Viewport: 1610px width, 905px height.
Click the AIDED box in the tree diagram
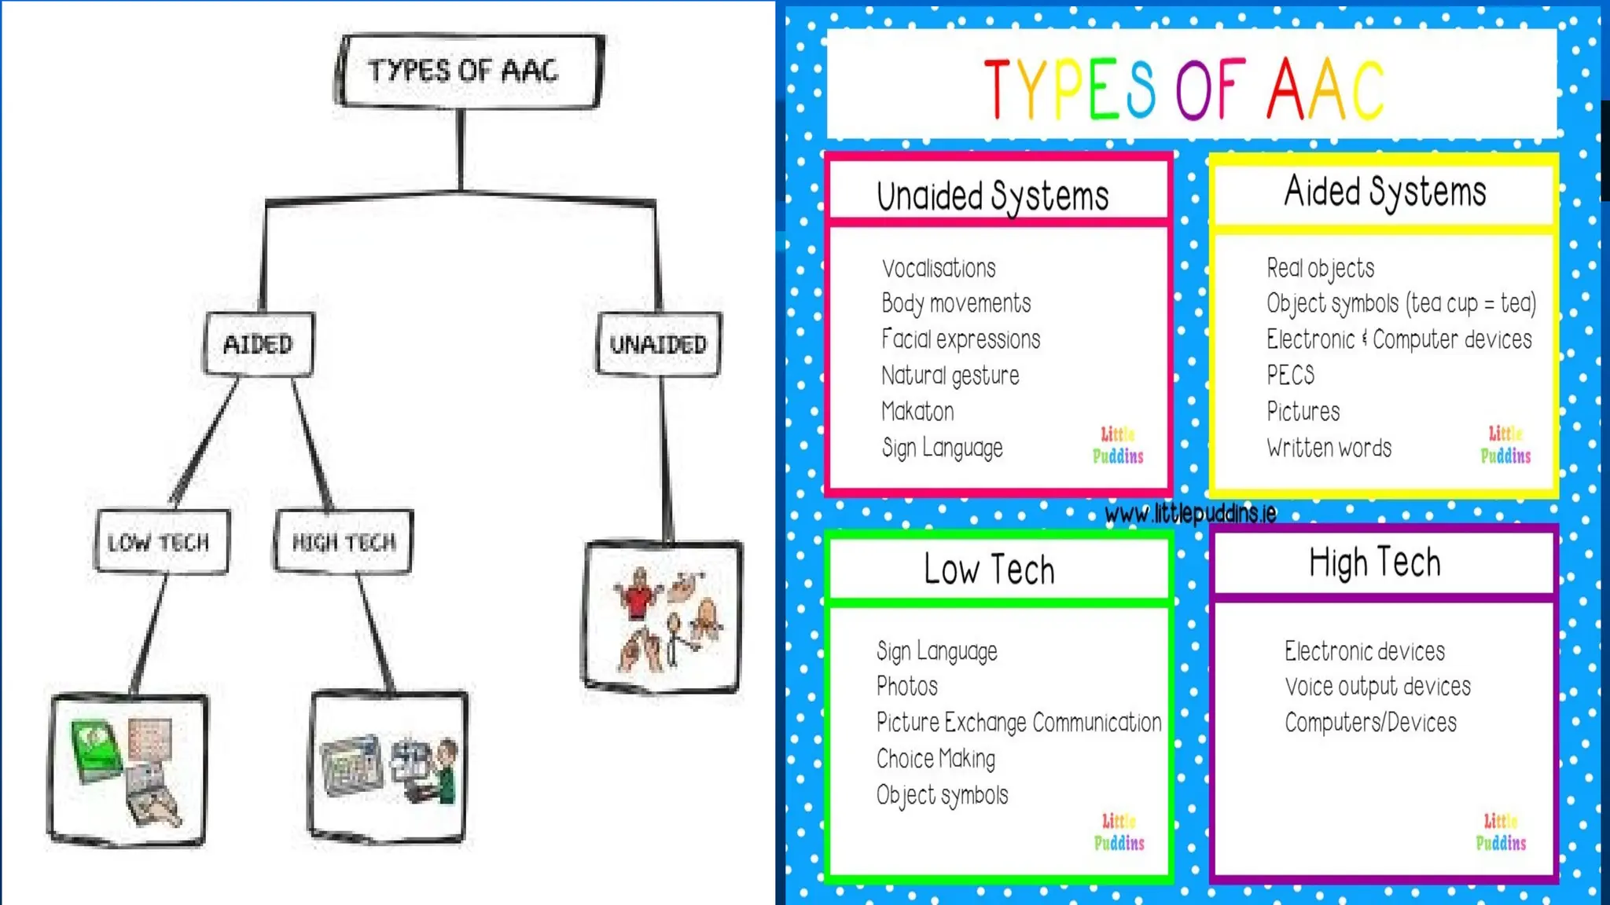[x=259, y=344]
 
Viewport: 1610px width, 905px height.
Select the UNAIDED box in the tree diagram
[x=659, y=344]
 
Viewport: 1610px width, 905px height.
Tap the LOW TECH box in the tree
[x=161, y=542]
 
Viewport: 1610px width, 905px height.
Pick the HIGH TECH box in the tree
[x=344, y=542]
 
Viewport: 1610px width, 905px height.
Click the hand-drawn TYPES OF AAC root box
[x=469, y=71]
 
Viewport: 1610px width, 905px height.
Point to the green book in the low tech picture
[x=96, y=750]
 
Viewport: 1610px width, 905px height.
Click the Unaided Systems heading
[x=993, y=195]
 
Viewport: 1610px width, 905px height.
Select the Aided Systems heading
[x=1385, y=192]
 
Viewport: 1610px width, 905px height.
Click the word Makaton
[x=917, y=412]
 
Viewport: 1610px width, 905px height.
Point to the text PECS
[x=1290, y=376]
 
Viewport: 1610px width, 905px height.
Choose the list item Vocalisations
[x=939, y=269]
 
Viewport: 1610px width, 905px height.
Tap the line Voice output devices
[x=1377, y=687]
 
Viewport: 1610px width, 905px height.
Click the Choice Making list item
[x=935, y=759]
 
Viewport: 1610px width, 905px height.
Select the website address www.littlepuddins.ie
[x=1190, y=514]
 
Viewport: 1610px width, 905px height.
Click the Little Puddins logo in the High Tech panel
[x=1501, y=833]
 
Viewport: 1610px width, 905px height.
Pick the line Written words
[x=1329, y=448]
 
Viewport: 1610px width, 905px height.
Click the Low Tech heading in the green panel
[x=989, y=569]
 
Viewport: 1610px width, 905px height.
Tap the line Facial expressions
[x=961, y=339]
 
